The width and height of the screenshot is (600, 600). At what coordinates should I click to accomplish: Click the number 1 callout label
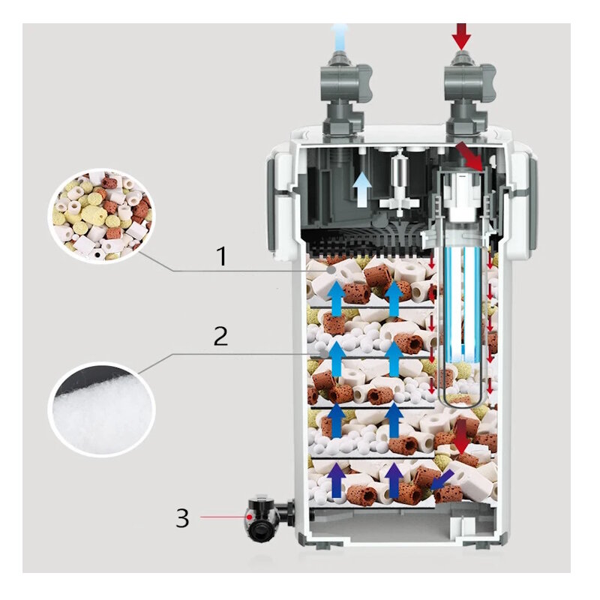tap(221, 256)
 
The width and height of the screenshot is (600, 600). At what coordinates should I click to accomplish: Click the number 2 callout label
tap(220, 335)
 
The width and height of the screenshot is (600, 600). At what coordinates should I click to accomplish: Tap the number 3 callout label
tap(183, 517)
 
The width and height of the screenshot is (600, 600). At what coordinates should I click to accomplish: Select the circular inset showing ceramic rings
tap(103, 214)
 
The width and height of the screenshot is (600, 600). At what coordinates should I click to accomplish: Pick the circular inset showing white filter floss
tap(101, 409)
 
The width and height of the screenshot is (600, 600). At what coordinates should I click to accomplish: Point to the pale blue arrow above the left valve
tap(342, 34)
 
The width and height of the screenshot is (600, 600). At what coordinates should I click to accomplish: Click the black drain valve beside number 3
tap(263, 517)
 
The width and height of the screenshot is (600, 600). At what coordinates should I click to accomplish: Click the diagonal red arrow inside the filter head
tap(469, 155)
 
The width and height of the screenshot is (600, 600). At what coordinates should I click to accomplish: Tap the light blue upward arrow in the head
tap(362, 188)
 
